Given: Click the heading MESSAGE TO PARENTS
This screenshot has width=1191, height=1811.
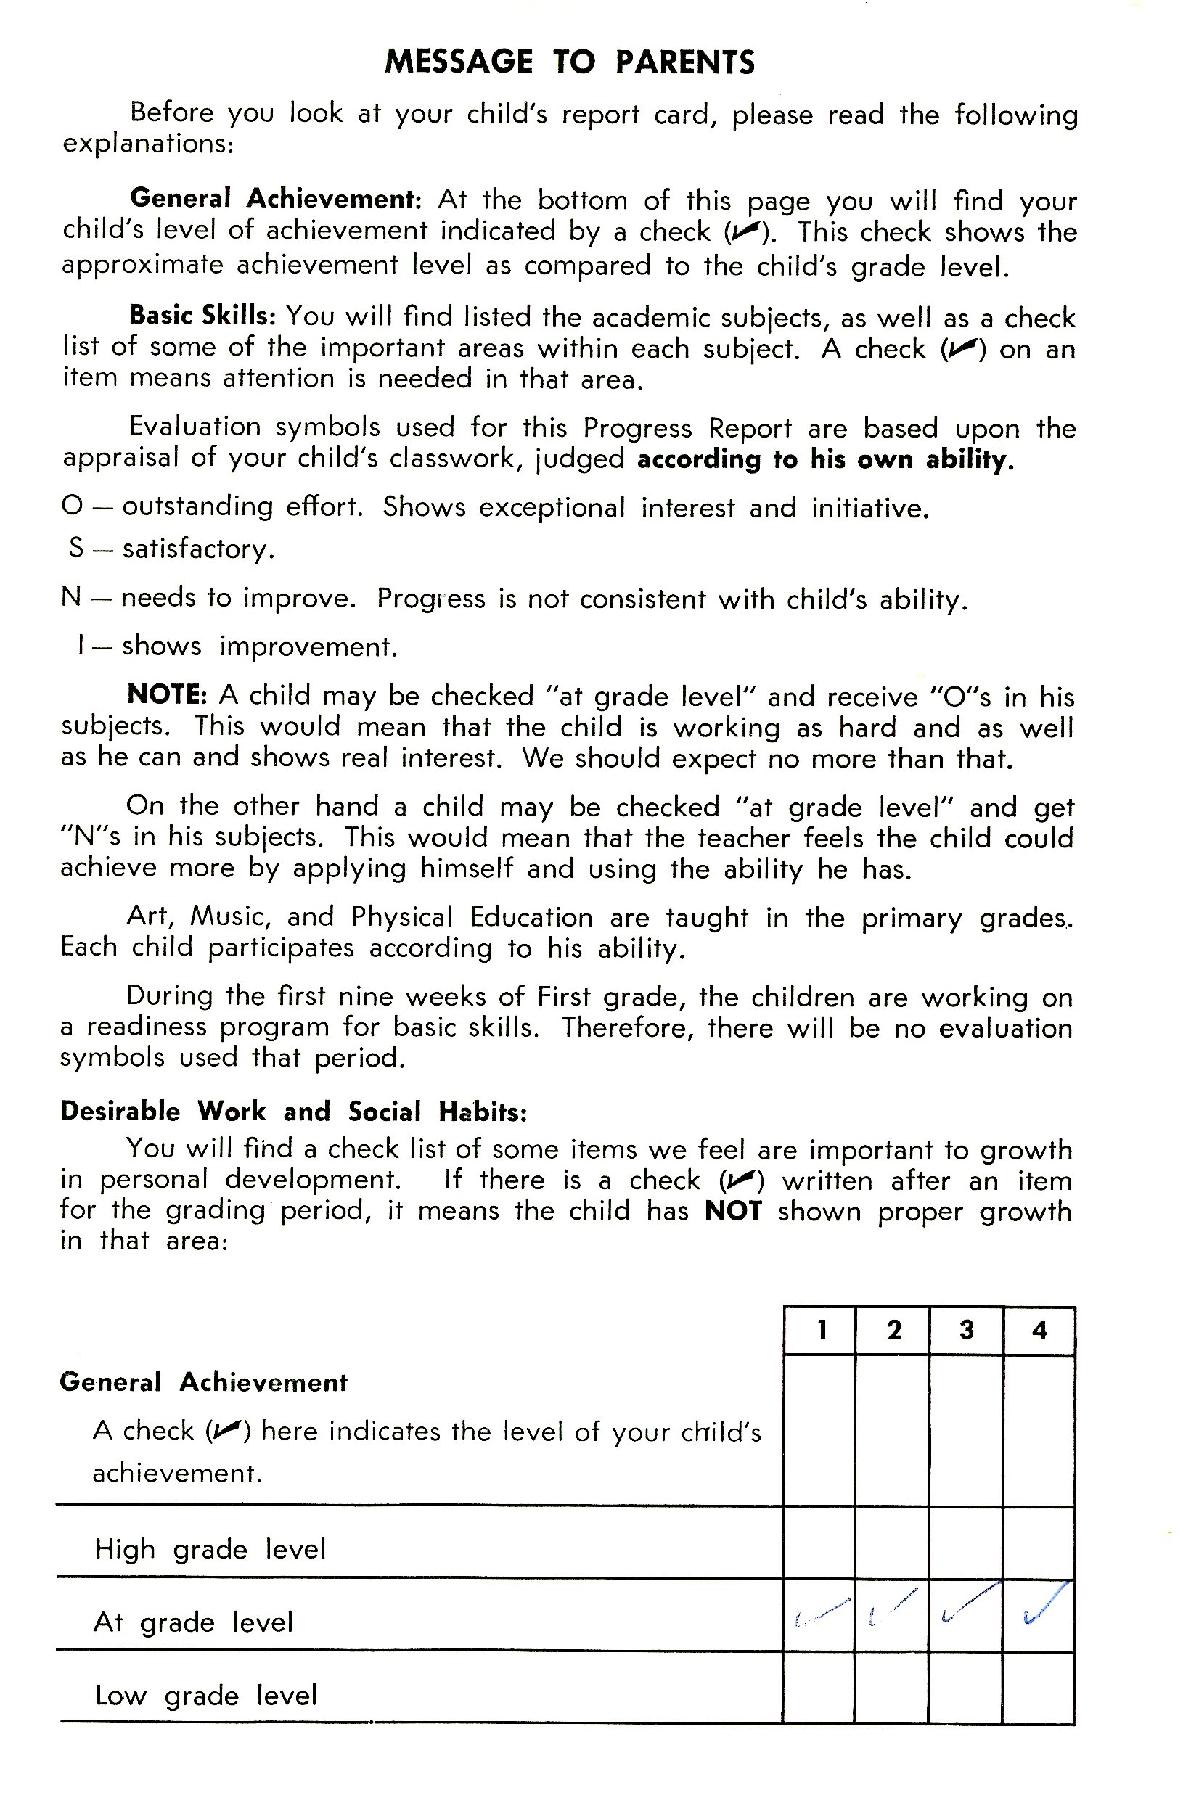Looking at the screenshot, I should click(569, 62).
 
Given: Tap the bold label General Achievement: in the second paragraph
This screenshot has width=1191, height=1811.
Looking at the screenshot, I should click(275, 199).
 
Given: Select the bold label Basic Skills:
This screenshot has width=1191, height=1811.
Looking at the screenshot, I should click(202, 315).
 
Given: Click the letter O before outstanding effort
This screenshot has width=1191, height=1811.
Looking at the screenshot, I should click(72, 506).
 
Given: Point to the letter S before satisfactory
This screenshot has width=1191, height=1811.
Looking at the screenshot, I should click(76, 548).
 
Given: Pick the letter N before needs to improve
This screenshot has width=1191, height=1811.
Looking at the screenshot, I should click(71, 597).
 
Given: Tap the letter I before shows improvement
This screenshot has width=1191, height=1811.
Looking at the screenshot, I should click(81, 646).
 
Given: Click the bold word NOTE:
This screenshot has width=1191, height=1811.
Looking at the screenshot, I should click(168, 694).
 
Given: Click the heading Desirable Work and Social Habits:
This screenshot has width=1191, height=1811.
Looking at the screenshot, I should click(293, 1112).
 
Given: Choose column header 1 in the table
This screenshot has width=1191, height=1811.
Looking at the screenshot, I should click(821, 1329).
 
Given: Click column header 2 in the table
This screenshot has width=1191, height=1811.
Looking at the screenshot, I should click(893, 1329).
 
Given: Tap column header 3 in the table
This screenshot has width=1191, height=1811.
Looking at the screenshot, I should click(967, 1329).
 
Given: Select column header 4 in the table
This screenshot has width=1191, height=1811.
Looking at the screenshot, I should click(1039, 1330).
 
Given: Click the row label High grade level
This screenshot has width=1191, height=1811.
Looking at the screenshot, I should click(210, 1550).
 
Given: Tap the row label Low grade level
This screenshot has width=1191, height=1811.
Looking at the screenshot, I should click(205, 1696).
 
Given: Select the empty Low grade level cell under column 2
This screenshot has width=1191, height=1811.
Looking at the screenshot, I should click(892, 1688).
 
